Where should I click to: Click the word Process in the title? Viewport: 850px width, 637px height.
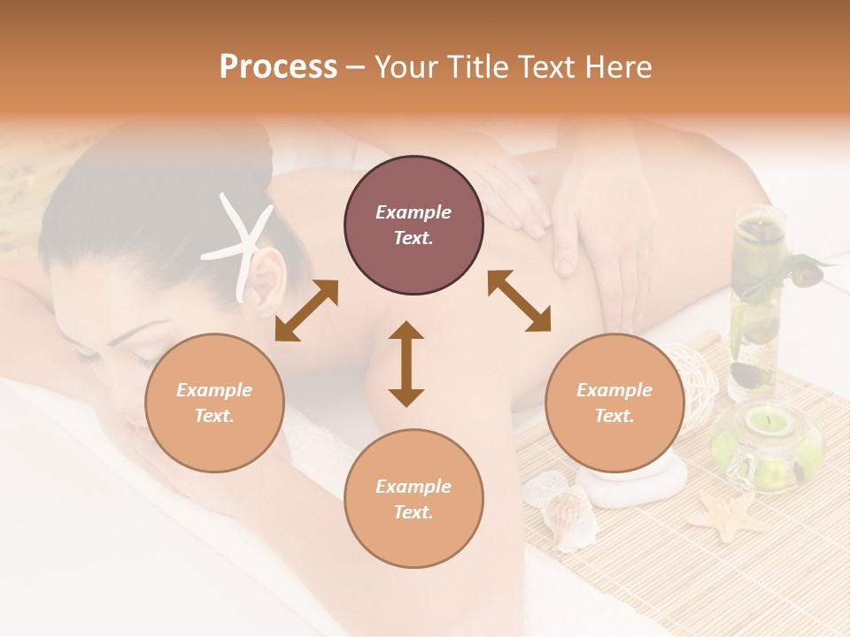coord(278,67)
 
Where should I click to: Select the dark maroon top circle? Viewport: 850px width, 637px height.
coord(413,226)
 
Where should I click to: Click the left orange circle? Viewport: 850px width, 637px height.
coord(214,403)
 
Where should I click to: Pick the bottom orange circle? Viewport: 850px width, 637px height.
coord(413,498)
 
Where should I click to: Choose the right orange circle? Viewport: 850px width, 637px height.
coord(614,403)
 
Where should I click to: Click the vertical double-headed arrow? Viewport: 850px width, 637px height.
coord(406,364)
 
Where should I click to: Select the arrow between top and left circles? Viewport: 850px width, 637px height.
coord(306,311)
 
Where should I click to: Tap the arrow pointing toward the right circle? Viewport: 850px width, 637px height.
coord(519,301)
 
